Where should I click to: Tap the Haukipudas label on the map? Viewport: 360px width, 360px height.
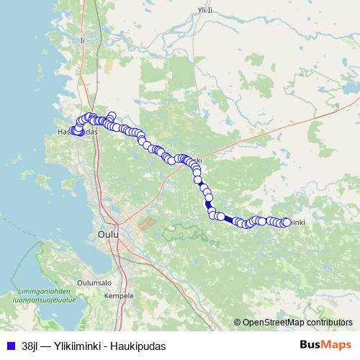(76, 132)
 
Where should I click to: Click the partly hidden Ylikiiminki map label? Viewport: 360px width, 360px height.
(297, 222)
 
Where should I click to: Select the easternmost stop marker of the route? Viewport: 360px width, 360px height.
(286, 222)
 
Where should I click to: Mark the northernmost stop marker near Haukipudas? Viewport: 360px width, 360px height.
(112, 115)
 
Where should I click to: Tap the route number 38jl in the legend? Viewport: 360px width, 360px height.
(30, 346)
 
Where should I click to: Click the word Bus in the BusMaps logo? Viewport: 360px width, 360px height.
(311, 345)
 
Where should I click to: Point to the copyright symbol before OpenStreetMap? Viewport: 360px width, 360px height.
(238, 322)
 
